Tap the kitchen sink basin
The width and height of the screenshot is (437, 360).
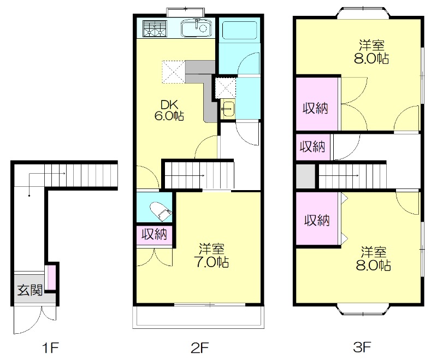click(196, 28)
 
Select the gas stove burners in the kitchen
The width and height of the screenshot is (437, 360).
click(155, 28)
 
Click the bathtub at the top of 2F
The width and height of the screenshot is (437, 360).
click(240, 30)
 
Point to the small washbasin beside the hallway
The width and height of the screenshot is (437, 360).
click(228, 109)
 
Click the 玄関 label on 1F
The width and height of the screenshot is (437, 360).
click(30, 291)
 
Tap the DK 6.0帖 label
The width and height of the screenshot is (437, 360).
click(169, 110)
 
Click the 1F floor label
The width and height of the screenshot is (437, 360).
click(51, 347)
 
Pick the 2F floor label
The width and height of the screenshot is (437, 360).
click(200, 347)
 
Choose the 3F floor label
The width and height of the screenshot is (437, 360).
click(362, 347)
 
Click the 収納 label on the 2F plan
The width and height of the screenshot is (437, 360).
click(154, 234)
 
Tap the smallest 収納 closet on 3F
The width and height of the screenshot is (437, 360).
click(313, 146)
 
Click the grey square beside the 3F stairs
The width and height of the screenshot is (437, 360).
click(305, 176)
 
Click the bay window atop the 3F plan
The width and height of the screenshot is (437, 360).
click(363, 13)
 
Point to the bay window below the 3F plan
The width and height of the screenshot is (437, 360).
click(363, 310)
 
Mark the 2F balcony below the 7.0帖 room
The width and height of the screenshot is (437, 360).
click(198, 317)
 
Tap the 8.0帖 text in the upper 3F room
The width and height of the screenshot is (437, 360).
click(371, 58)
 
